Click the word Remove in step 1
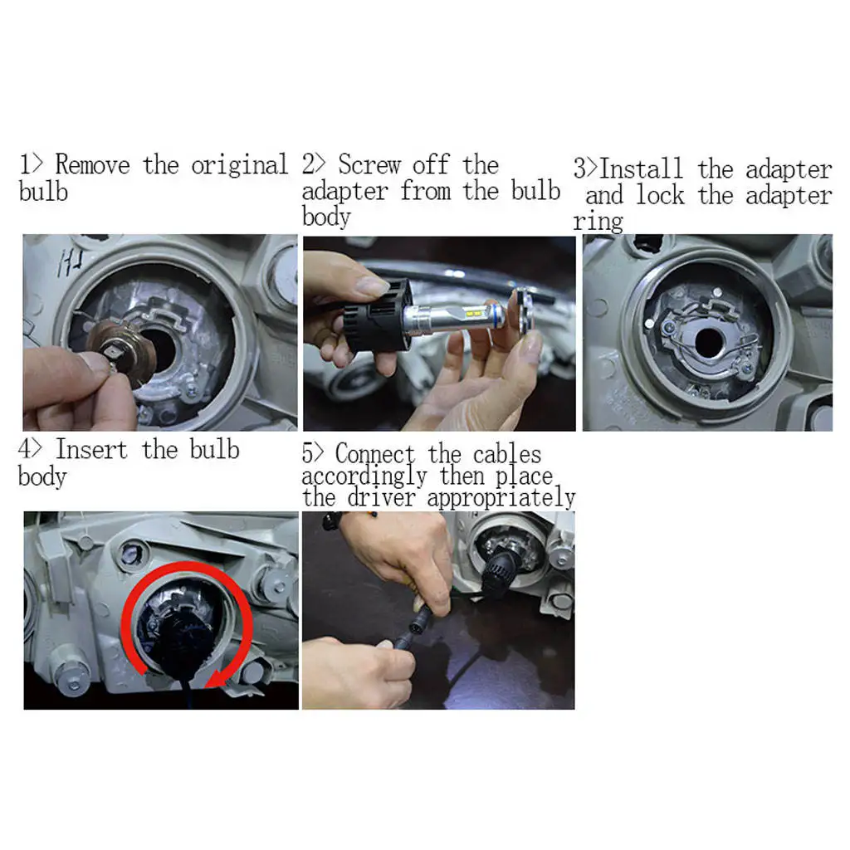93,165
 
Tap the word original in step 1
240,166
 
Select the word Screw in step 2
369,165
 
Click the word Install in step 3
642,169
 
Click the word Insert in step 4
91,450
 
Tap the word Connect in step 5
375,453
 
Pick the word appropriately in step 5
501,499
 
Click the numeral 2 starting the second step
309,164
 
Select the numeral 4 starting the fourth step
24,449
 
